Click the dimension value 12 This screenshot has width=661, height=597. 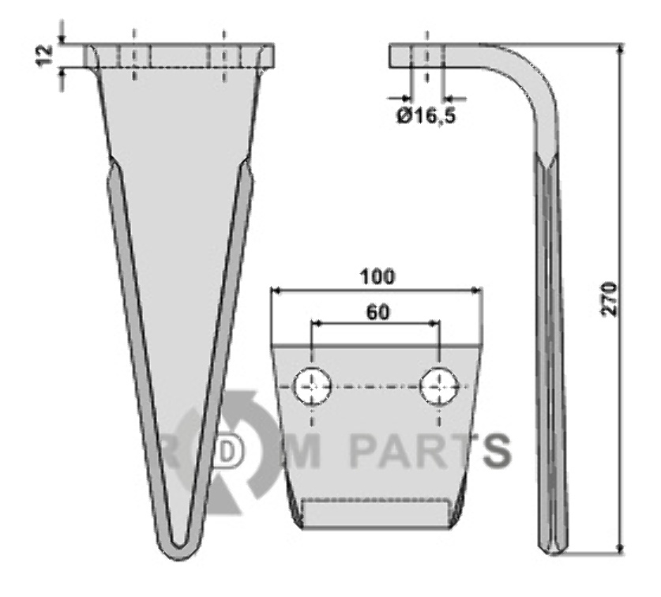(x=44, y=55)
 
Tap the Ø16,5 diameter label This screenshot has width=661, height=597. (x=426, y=116)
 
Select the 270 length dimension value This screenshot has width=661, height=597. (x=610, y=299)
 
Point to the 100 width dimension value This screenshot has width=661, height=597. (x=377, y=276)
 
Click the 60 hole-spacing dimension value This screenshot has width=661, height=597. (x=378, y=313)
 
